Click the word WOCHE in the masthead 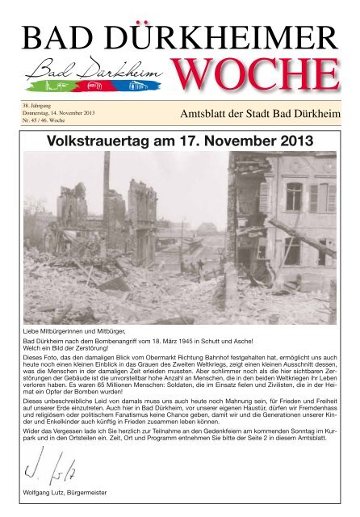[256, 75]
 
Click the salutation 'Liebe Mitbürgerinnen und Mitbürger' [77, 332]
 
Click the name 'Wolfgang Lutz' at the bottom [44, 492]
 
